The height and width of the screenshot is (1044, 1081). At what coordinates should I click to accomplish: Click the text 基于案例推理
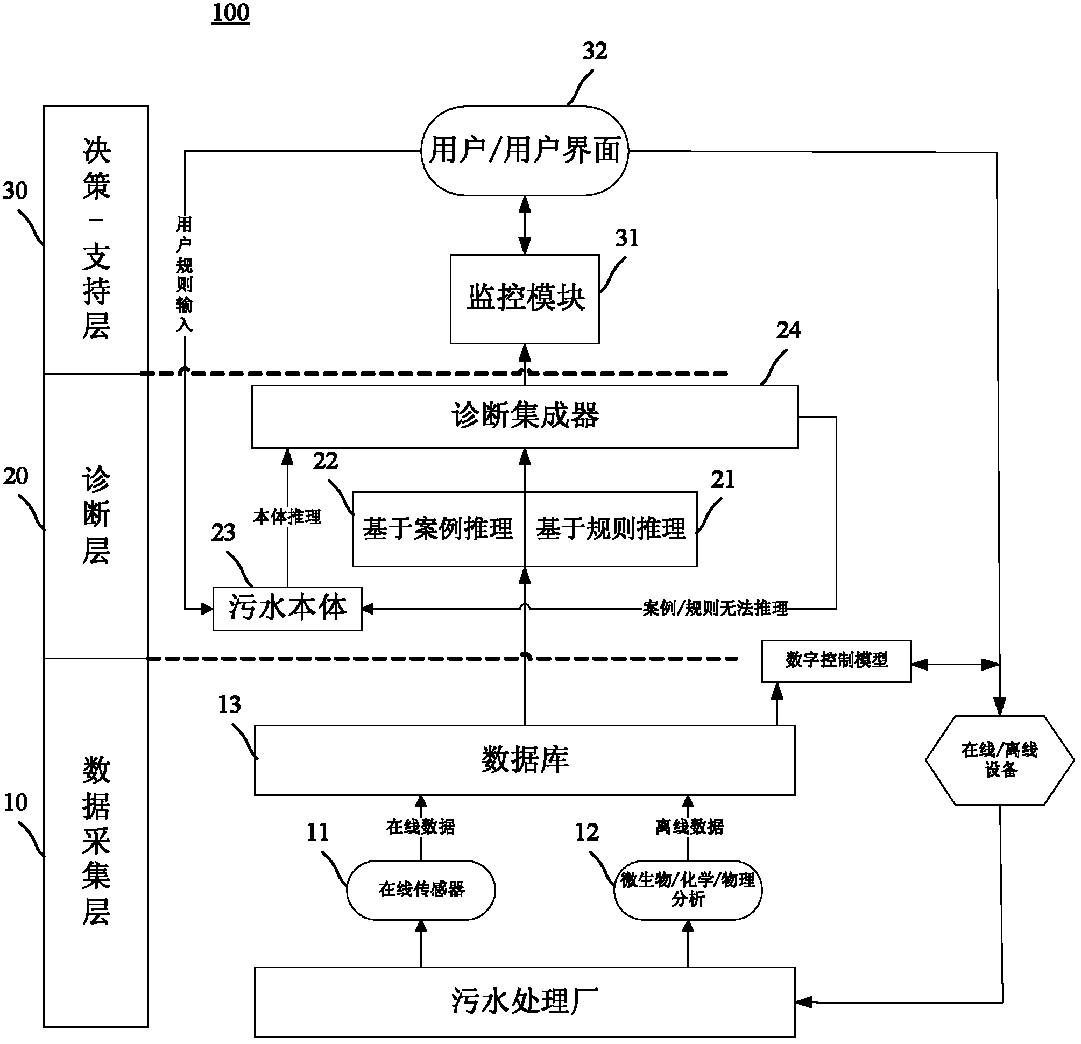click(438, 528)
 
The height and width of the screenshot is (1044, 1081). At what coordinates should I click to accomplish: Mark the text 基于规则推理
click(611, 528)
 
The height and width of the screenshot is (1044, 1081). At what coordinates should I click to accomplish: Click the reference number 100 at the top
click(230, 13)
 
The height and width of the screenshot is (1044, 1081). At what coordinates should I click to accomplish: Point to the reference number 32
click(595, 51)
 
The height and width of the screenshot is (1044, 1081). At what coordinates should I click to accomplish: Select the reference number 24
click(788, 330)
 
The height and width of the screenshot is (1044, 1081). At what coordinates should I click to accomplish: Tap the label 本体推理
click(287, 517)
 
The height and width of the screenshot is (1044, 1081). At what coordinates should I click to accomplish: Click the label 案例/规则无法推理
click(715, 608)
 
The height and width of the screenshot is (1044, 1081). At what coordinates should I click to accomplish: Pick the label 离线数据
click(689, 826)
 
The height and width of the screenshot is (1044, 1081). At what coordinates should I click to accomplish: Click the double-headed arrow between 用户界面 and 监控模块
click(525, 225)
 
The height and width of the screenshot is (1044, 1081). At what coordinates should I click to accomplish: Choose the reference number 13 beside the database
click(229, 705)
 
